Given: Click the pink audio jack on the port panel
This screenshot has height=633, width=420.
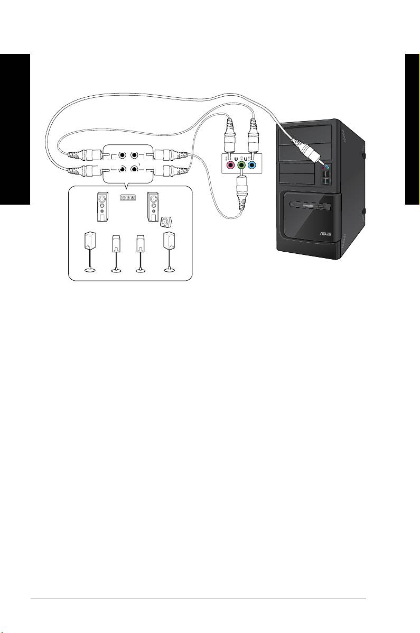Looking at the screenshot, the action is tap(230, 166).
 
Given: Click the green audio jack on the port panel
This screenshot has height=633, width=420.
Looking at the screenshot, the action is tap(241, 166).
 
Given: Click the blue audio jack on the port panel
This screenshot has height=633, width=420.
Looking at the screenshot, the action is tap(253, 166).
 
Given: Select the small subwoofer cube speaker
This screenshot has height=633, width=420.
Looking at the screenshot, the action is tap(167, 221).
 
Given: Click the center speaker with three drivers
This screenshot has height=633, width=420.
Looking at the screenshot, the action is tap(126, 198).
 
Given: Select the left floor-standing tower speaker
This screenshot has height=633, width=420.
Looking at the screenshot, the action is tap(102, 207).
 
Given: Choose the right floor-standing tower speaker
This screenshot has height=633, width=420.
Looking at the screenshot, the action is tap(153, 207).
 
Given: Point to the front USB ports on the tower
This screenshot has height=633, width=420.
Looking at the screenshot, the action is tap(326, 180).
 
